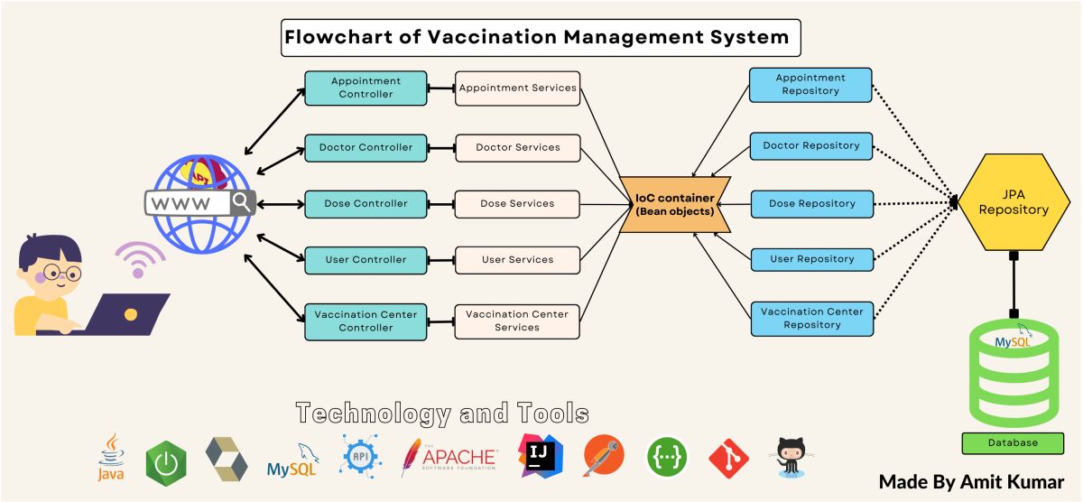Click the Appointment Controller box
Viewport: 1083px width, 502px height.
366,88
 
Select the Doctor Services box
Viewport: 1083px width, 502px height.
517,148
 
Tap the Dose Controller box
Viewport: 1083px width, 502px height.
366,204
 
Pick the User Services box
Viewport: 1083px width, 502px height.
517,260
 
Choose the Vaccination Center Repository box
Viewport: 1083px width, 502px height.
812,318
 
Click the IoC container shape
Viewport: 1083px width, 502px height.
674,204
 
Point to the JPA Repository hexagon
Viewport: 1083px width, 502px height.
1014,203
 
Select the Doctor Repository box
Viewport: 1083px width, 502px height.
811,145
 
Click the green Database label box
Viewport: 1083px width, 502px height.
1013,443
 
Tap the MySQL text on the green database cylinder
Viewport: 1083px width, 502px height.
1012,343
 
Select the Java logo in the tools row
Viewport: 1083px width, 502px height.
111,457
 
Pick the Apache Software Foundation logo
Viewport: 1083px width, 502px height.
449,457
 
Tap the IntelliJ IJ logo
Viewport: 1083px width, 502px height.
541,456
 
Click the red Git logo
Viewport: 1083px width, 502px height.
728,458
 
